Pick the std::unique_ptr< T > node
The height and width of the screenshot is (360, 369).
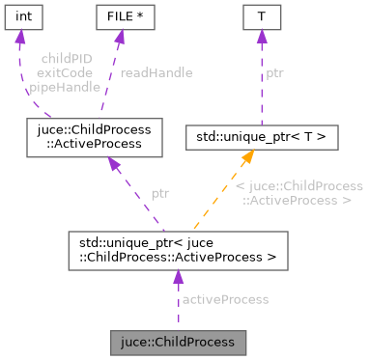(261, 137)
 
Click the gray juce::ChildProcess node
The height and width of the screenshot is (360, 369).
(177, 342)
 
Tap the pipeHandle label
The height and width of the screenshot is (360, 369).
(65, 87)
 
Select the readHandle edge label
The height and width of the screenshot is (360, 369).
(156, 72)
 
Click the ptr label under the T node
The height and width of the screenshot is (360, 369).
(275, 72)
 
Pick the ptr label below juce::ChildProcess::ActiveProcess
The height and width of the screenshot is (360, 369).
(160, 193)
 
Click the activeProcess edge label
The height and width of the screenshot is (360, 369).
(225, 299)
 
